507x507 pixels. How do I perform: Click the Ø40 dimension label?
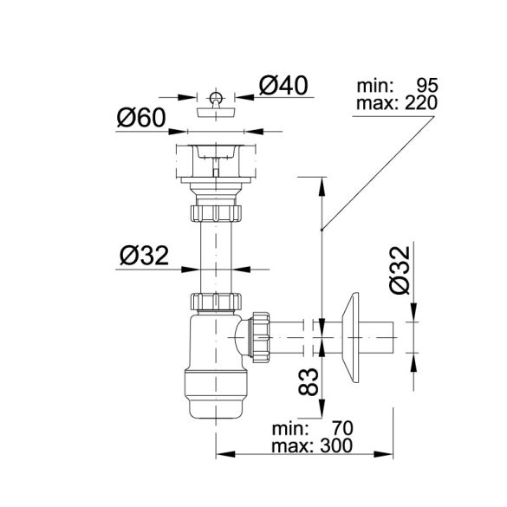pyautogui.click(x=284, y=87)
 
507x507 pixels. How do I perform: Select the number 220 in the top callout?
pyautogui.click(x=419, y=103)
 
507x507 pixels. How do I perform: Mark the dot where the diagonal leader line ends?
pyautogui.click(x=321, y=230)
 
